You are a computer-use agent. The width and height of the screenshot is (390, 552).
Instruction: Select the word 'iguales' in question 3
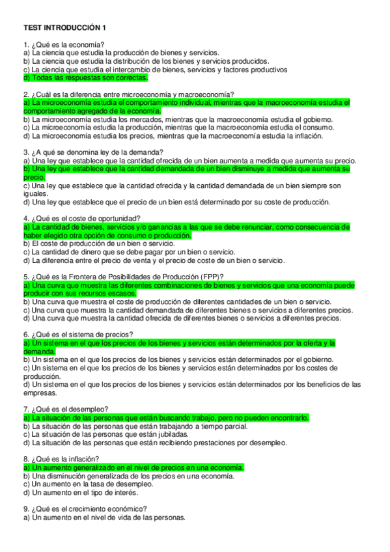point(35,193)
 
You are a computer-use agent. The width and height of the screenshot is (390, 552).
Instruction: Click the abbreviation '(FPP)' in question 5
point(208,277)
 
